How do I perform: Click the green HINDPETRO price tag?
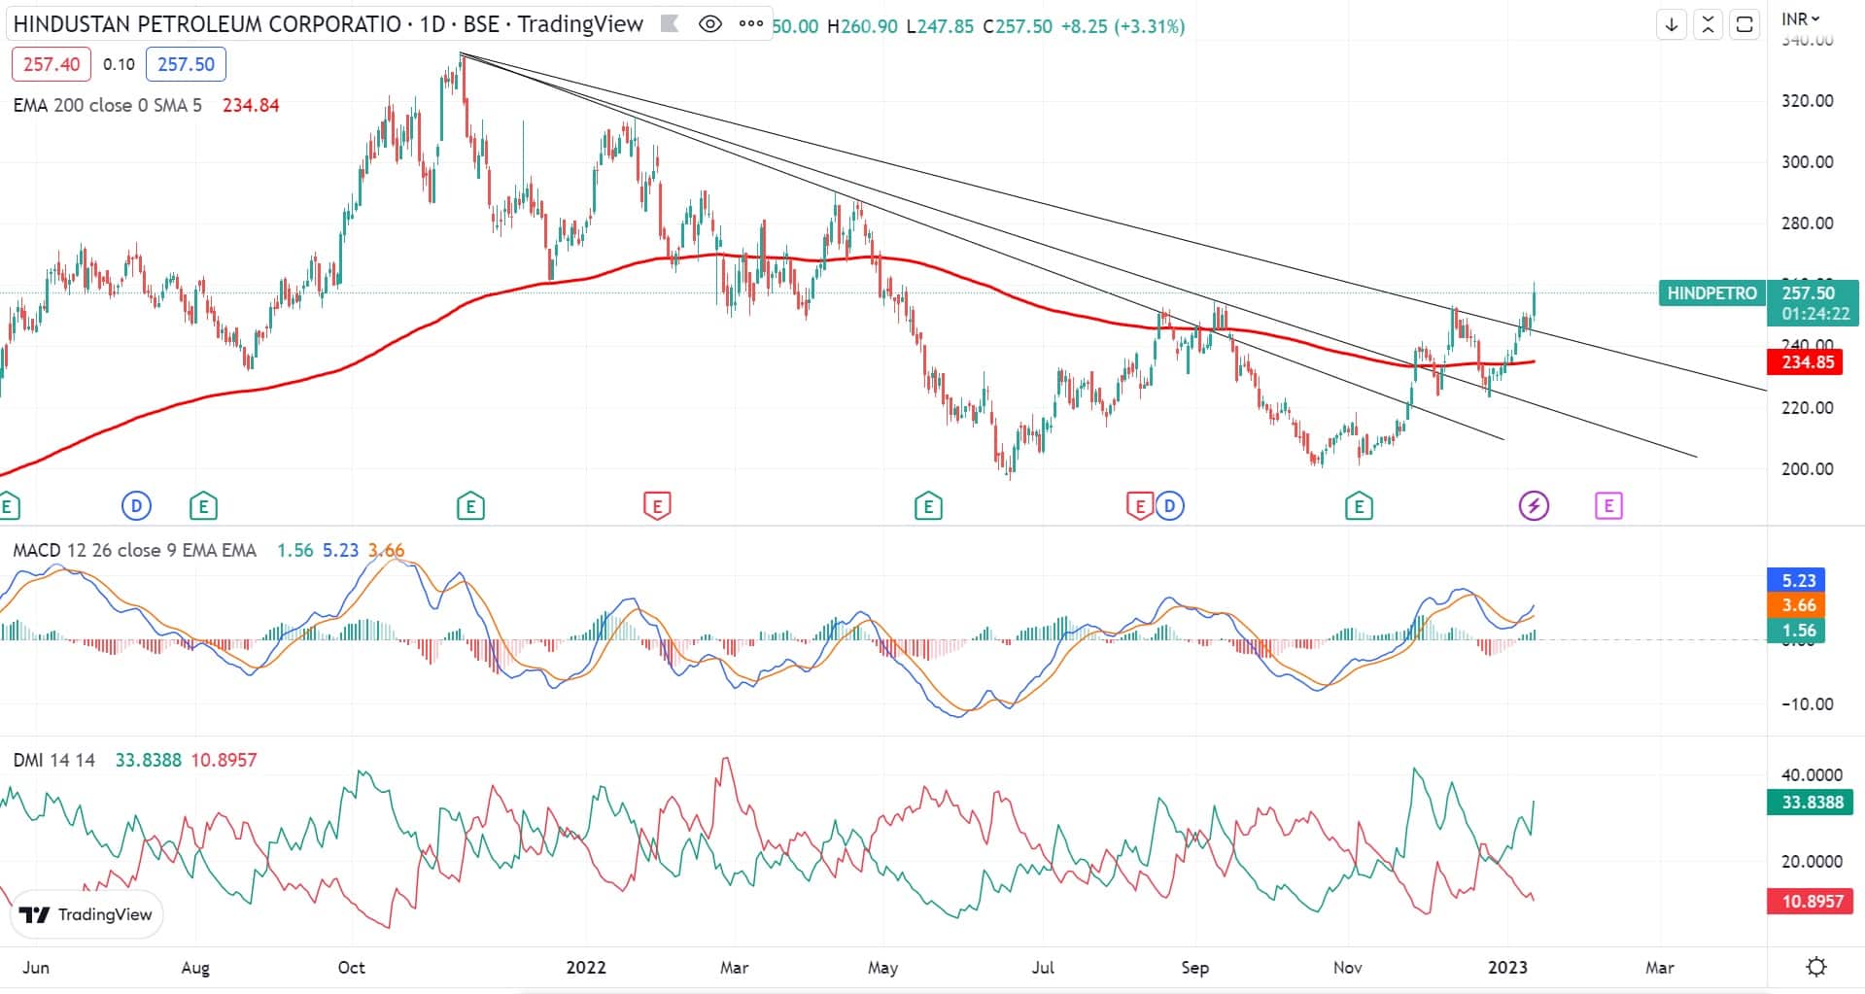1711,292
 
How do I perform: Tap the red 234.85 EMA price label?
1808,362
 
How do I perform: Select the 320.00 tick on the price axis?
1807,101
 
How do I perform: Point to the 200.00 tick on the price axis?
1807,468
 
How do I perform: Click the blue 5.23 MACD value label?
1799,580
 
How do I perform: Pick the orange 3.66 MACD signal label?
1799,605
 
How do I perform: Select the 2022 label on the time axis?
586,968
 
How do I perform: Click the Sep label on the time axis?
1194,968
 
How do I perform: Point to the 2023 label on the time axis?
1507,968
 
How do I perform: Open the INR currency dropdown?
1800,18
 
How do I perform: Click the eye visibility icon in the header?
710,24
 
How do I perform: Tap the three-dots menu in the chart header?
750,24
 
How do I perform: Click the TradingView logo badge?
86,914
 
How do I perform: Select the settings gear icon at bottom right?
1815,967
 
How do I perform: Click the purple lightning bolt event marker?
1534,505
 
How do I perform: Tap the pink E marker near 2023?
1608,505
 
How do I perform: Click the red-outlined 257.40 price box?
52,64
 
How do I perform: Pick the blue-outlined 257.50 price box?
186,64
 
